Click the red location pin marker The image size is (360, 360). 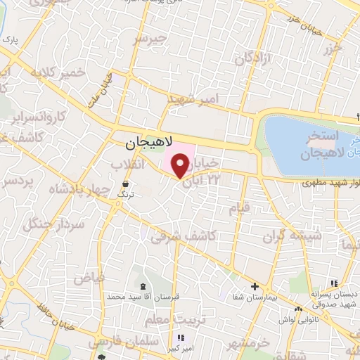[181, 167]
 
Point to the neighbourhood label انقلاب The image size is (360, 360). [127, 164]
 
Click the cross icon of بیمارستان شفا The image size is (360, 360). [255, 286]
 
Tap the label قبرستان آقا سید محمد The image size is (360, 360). [143, 297]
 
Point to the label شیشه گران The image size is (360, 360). [292, 236]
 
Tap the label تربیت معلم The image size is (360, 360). [166, 320]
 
